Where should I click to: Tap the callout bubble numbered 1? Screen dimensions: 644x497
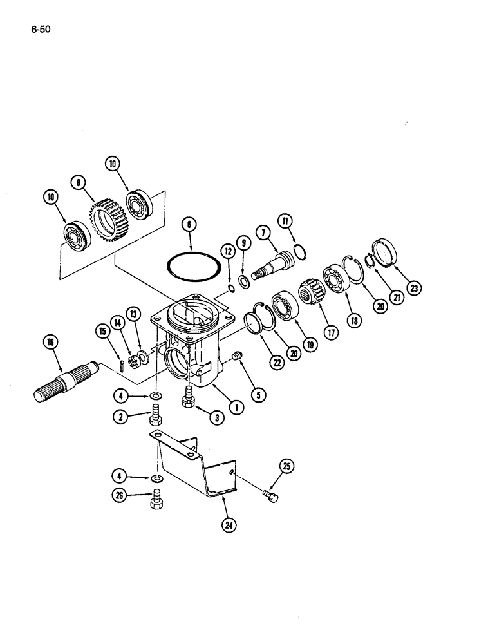click(236, 406)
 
